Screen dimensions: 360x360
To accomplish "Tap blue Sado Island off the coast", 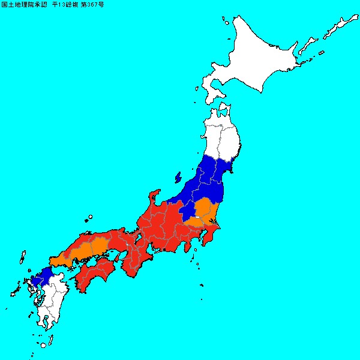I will coord(178,178).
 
